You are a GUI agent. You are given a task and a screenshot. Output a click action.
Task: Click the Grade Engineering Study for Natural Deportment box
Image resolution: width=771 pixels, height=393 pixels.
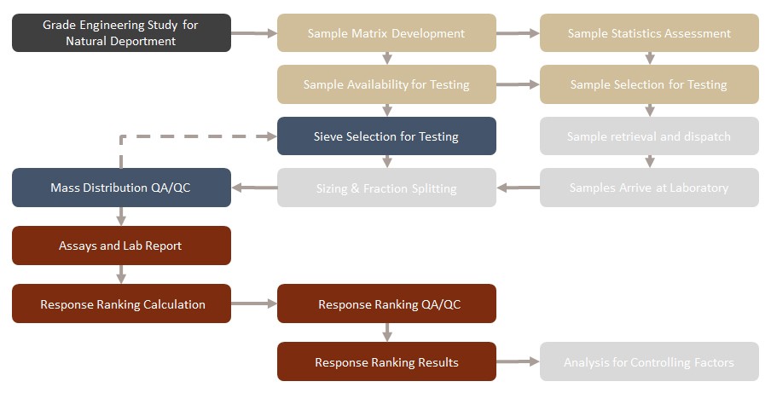point(121,33)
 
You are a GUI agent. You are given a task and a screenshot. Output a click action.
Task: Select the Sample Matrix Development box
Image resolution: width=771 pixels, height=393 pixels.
point(386,33)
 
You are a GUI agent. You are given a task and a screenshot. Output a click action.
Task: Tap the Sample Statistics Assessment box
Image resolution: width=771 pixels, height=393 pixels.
point(649,33)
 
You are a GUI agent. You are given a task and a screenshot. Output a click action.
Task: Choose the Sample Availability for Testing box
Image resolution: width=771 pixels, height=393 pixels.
point(386,84)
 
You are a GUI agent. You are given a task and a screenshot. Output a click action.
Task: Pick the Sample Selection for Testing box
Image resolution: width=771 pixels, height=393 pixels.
point(649,84)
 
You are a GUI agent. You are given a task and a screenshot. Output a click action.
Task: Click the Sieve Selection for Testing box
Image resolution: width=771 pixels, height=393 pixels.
point(386,136)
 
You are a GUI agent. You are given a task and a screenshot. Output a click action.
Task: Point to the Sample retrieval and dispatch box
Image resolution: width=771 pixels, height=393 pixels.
point(649,136)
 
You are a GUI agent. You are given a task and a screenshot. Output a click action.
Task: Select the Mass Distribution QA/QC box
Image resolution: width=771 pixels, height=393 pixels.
point(121,188)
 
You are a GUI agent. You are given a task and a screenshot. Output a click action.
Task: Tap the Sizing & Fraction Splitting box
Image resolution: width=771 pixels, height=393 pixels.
point(386,188)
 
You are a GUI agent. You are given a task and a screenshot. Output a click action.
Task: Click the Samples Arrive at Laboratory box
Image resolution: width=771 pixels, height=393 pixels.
point(649,188)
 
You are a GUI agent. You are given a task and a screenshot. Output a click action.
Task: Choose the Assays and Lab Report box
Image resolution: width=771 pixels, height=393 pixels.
point(121,246)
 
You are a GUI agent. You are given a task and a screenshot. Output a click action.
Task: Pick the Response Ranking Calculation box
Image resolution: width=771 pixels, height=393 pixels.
point(121,303)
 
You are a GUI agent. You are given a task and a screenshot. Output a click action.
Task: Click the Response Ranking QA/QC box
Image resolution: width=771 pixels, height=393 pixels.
point(386,303)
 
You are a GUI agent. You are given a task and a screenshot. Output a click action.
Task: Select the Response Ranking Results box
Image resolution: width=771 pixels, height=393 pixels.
point(386,361)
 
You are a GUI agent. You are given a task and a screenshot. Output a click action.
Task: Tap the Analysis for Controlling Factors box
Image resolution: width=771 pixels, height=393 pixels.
point(649,361)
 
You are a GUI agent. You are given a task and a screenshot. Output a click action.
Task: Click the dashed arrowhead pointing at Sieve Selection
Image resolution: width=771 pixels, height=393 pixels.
point(270,136)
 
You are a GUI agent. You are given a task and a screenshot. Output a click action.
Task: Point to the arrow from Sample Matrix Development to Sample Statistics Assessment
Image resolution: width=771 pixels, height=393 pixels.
point(518,33)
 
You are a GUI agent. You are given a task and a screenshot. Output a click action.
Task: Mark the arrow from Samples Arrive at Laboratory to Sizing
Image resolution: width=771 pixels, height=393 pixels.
point(518,188)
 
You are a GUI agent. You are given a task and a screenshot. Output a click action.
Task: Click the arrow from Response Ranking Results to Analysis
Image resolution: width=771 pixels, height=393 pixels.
point(518,361)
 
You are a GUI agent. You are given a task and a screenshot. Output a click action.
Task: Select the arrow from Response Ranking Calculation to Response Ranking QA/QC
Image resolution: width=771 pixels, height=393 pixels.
point(253,303)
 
